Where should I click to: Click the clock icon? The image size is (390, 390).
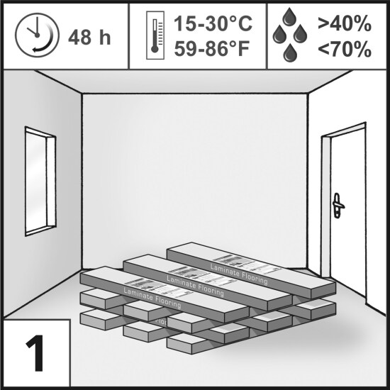pos(38,35)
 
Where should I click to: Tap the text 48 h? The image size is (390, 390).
pos(89,38)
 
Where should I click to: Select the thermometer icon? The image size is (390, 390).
pos(155,35)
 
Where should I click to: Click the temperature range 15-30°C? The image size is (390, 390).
pos(213,23)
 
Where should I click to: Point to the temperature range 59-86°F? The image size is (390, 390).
pos(212,49)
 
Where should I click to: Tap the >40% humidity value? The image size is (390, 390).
pos(345,23)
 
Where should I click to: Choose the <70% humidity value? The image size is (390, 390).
pos(345,49)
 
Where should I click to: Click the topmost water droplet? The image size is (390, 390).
pos(289,17)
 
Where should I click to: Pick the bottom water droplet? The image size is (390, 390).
pos(290,53)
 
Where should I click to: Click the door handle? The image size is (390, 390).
pos(338,206)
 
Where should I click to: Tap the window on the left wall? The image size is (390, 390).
pos(40,182)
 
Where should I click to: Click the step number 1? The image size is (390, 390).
pos(35,353)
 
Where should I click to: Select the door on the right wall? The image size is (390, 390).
pos(347,211)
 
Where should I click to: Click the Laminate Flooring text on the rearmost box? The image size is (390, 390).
pos(239,274)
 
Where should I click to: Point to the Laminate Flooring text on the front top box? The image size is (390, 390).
pos(152,298)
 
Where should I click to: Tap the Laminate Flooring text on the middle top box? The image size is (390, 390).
pos(195,286)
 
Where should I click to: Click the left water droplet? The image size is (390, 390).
pos(279,34)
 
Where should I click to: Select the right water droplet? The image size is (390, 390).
pos(300,34)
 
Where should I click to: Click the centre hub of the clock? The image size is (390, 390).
pos(38,35)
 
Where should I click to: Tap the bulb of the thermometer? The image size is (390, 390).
pos(155,49)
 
